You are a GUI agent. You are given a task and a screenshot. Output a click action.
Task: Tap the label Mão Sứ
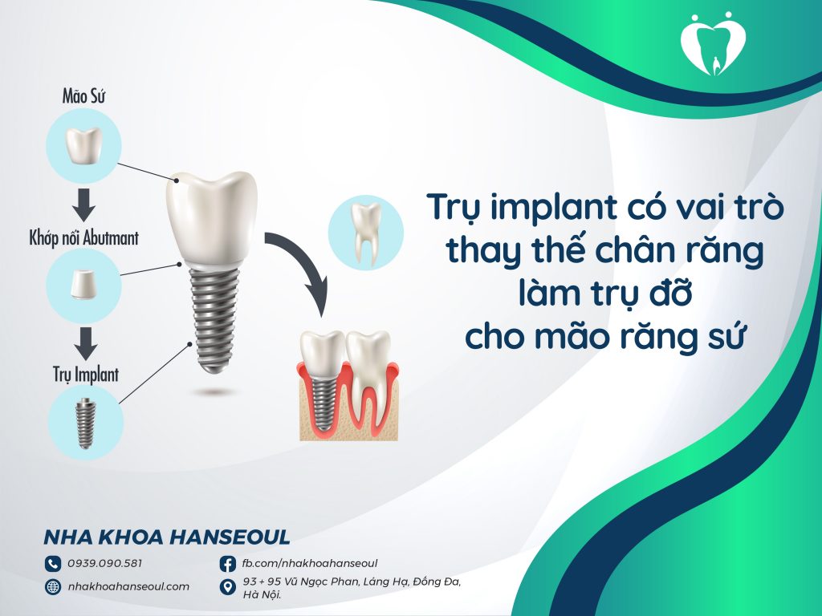tap(84, 97)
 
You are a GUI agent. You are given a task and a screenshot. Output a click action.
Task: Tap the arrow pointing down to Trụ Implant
tap(84, 343)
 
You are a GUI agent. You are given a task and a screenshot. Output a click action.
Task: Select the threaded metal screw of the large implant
tap(214, 318)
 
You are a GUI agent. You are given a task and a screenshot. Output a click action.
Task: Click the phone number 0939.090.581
tap(105, 563)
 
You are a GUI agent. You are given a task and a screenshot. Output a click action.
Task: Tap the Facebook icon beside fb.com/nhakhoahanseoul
tap(227, 563)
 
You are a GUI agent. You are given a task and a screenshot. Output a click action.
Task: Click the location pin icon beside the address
tap(227, 587)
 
